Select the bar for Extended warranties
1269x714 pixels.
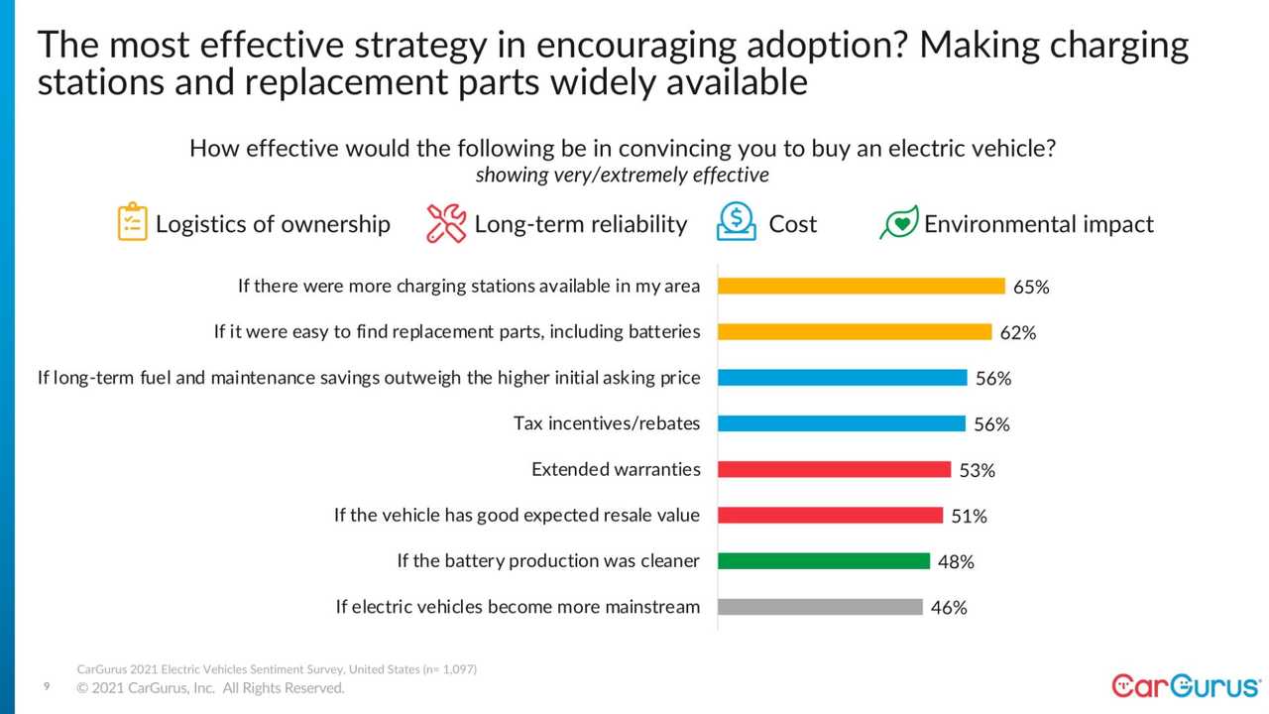pos(834,469)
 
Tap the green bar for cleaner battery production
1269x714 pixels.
pos(823,561)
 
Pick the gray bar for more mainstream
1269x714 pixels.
pos(820,607)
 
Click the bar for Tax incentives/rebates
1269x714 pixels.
pos(841,423)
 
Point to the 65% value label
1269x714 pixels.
pos(1031,288)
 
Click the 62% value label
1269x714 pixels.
pos(1018,333)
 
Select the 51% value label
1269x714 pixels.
pos(969,517)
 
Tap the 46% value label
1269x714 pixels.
pos(949,608)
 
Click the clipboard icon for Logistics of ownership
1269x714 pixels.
pos(132,222)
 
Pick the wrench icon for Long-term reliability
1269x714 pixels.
pos(446,223)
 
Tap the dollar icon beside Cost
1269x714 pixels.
pos(737,222)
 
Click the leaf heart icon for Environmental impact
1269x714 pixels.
pos(898,223)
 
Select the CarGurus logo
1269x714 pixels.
pos(1186,685)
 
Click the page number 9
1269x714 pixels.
pos(46,686)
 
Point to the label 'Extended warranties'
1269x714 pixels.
pos(616,469)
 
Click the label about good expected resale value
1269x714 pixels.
pos(517,516)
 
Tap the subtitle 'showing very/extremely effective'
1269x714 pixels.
pos(622,176)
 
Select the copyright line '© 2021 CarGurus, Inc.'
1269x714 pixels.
pos(211,688)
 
